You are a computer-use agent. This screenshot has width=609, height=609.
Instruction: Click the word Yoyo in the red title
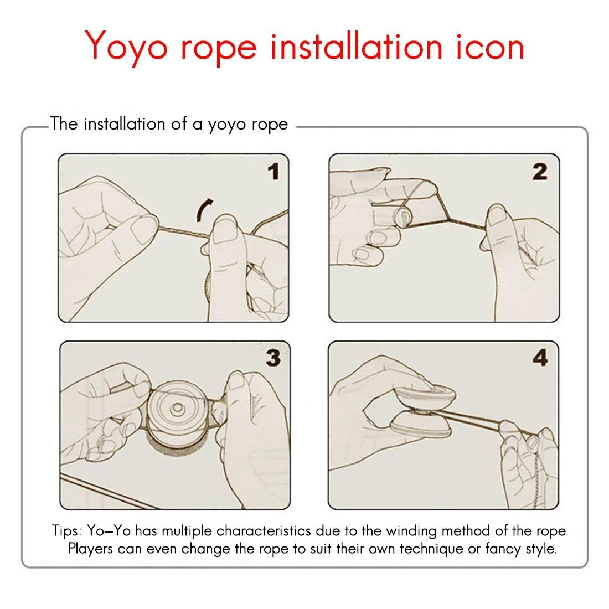point(126,46)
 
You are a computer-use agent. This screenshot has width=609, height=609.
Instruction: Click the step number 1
point(274,171)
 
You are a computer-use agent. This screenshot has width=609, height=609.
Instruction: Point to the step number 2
point(540,171)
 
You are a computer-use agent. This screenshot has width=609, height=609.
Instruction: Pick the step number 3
point(273,358)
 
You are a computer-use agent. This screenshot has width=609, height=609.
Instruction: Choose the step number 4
point(540,357)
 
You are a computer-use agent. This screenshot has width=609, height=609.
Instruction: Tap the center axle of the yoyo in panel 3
point(178,408)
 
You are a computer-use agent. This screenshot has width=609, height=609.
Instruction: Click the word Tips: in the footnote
point(67,531)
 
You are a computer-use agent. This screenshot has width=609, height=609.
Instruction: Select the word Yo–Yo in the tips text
point(109,530)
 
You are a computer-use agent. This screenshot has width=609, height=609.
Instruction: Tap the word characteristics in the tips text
point(264,530)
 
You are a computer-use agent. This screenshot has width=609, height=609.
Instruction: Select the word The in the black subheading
point(64,123)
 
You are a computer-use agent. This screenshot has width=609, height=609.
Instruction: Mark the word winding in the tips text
point(411,531)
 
